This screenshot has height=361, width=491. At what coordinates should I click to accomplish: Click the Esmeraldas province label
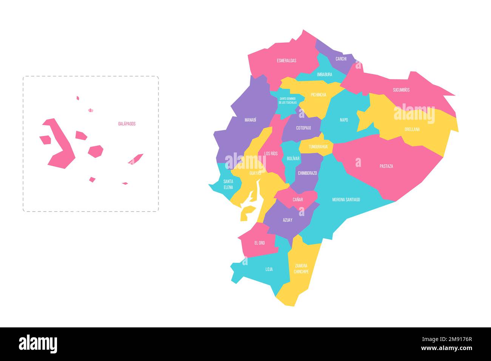pyautogui.click(x=286, y=60)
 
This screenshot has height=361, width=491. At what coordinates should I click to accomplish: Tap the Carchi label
pyautogui.click(x=341, y=59)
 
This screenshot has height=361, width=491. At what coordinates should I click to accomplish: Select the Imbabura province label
pyautogui.click(x=324, y=74)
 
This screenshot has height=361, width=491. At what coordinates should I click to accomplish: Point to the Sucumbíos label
pyautogui.click(x=401, y=90)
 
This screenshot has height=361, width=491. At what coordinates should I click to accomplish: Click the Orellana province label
pyautogui.click(x=412, y=129)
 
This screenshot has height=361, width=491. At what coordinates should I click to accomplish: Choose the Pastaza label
pyautogui.click(x=386, y=166)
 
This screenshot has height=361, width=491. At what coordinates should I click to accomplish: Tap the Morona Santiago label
pyautogui.click(x=346, y=199)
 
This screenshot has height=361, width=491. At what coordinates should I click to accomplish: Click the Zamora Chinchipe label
pyautogui.click(x=301, y=268)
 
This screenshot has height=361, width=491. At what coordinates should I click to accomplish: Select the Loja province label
pyautogui.click(x=269, y=269)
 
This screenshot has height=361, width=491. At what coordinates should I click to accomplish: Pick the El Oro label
pyautogui.click(x=259, y=243)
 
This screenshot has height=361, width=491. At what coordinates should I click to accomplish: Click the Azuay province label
pyautogui.click(x=287, y=220)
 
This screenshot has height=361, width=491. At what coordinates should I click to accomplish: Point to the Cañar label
pyautogui.click(x=298, y=199)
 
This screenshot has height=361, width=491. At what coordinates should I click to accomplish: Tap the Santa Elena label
pyautogui.click(x=228, y=184)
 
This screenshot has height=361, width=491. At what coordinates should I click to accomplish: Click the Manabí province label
pyautogui.click(x=250, y=120)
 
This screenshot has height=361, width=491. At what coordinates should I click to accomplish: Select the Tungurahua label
pyautogui.click(x=318, y=147)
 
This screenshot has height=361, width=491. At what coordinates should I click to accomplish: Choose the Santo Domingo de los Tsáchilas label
pyautogui.click(x=288, y=100)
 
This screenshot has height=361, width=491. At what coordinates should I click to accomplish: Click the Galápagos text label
pyautogui.click(x=127, y=124)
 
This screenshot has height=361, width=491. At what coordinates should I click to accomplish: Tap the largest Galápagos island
pyautogui.click(x=60, y=147)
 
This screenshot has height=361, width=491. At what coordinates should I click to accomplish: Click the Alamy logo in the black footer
pyautogui.click(x=38, y=344)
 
